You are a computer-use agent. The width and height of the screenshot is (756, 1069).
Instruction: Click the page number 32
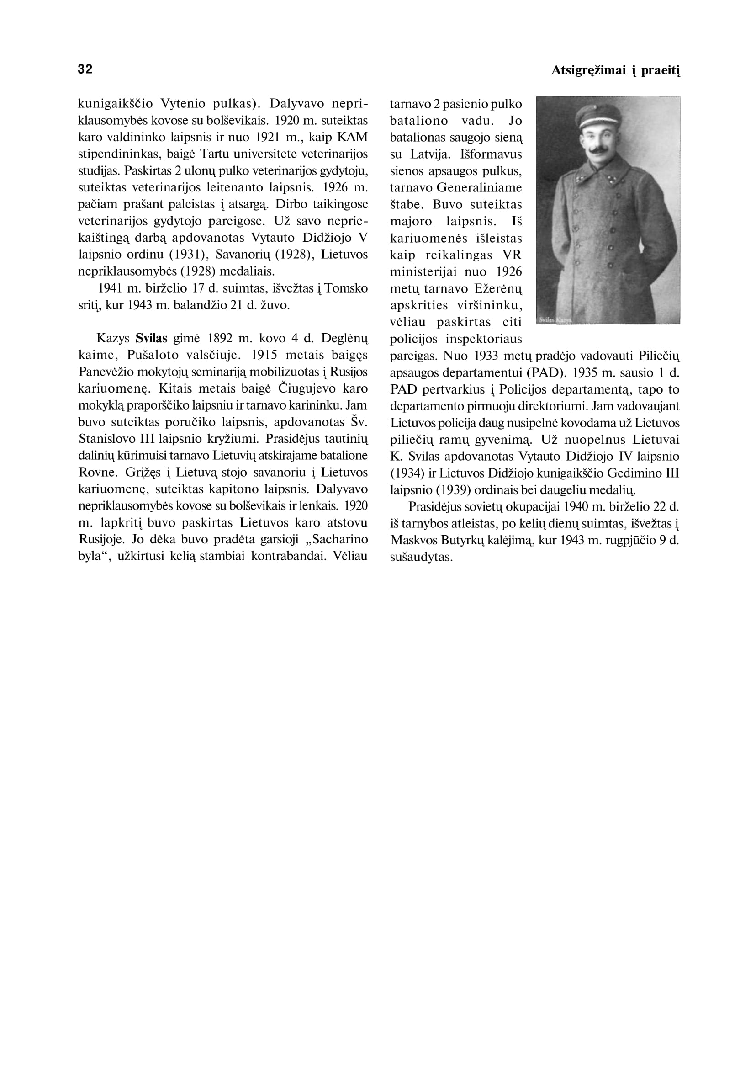point(85,69)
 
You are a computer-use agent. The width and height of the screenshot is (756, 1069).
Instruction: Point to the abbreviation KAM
point(352,137)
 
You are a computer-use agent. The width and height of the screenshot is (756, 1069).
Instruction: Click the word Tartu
point(214,154)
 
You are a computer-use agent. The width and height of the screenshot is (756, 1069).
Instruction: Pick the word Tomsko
point(346,288)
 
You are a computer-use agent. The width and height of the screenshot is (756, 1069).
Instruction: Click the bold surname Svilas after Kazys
point(151,338)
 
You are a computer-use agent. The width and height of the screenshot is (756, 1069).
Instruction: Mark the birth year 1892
point(221,338)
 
